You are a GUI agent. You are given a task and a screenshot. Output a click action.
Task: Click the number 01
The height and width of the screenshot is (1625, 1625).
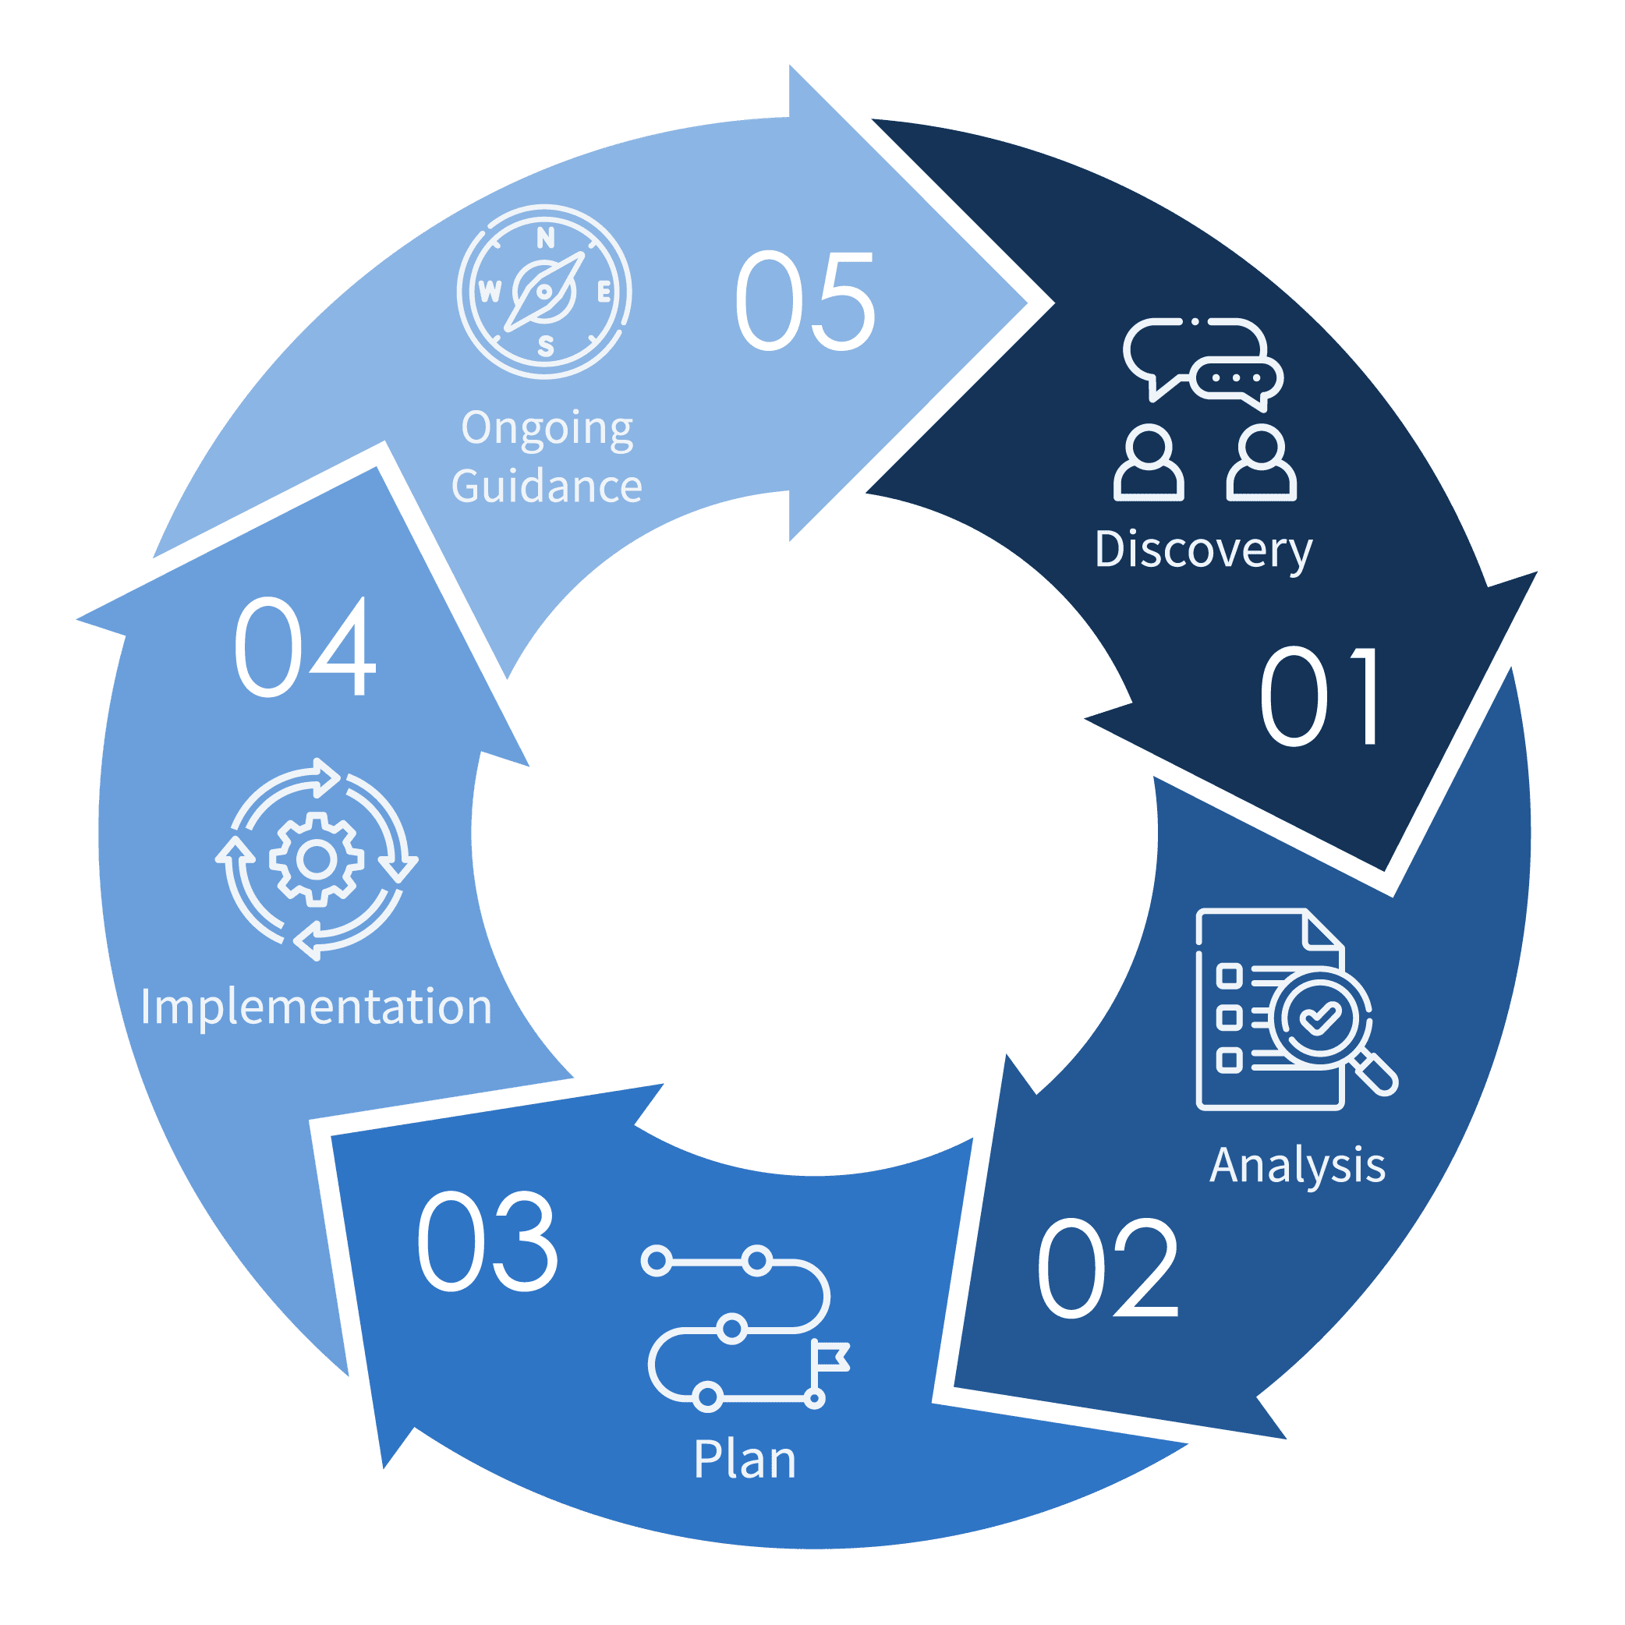point(1319,696)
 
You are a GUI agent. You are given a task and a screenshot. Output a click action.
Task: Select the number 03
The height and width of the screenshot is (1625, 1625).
point(487,1241)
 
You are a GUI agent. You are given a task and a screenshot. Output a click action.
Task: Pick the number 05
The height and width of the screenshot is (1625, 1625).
point(805,301)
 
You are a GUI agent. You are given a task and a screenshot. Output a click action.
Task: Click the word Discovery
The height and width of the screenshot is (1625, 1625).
point(1203,550)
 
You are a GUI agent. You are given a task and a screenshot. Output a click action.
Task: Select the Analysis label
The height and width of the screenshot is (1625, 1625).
point(1297,1167)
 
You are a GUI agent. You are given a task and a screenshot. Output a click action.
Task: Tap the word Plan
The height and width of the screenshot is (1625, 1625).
point(745,1460)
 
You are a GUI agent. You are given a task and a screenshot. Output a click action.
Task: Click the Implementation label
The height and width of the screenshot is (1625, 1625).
point(316,1007)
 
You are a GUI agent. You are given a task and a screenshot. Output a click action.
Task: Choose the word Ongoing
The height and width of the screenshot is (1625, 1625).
point(547,429)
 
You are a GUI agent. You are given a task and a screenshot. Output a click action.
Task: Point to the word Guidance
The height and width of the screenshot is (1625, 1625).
point(547,486)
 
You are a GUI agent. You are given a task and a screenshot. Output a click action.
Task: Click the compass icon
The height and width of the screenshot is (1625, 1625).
point(544,292)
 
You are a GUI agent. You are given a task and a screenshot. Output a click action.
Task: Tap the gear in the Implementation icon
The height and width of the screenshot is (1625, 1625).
point(317,859)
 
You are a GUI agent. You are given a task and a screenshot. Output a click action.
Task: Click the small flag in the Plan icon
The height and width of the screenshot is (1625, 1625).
point(833,1357)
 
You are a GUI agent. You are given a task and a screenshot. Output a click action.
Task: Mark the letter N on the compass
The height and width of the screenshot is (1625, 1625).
point(545,239)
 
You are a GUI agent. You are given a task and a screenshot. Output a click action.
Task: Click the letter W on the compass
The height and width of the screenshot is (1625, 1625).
point(490,292)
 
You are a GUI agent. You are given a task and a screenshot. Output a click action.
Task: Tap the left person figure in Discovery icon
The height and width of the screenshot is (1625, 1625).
point(1149,463)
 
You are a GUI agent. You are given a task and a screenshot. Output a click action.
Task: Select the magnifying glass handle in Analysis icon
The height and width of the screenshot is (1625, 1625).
point(1376,1076)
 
